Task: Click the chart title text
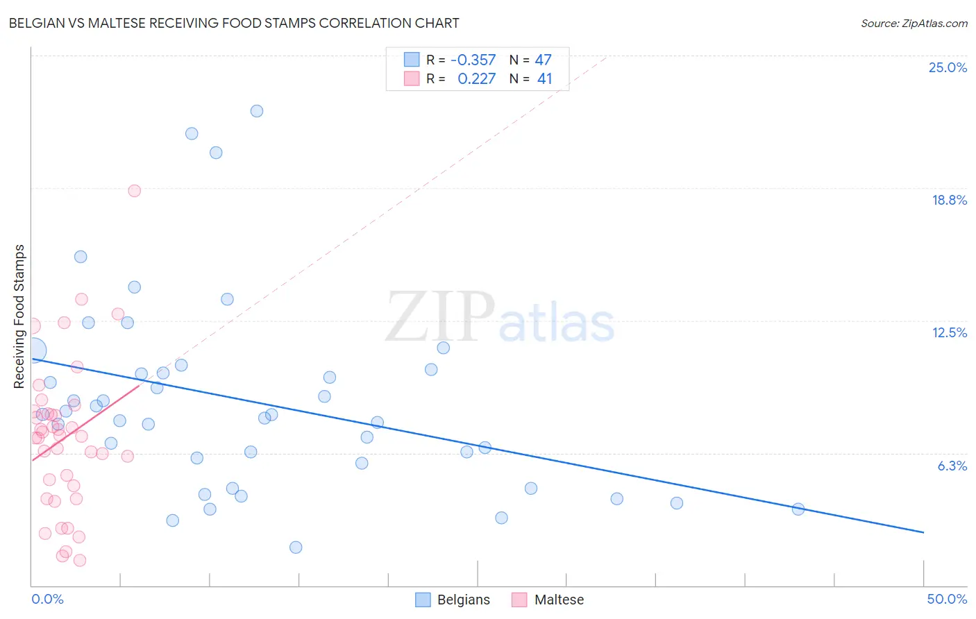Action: [234, 23]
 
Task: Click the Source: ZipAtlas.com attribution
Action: [914, 23]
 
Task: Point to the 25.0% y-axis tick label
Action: [948, 67]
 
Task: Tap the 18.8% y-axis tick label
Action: [949, 200]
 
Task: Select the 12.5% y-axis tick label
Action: [949, 332]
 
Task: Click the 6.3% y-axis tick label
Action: [952, 466]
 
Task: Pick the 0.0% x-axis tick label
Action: [48, 599]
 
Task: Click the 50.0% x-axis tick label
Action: [947, 599]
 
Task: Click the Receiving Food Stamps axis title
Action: [19, 316]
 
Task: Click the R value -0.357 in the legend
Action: [473, 60]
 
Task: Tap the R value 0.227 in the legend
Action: [477, 78]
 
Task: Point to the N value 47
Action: [543, 60]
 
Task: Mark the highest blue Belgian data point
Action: [257, 111]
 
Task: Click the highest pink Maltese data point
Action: [135, 191]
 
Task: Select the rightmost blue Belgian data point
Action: [798, 509]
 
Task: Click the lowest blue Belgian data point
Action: [296, 548]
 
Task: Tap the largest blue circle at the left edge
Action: [34, 350]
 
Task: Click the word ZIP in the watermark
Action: [439, 318]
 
